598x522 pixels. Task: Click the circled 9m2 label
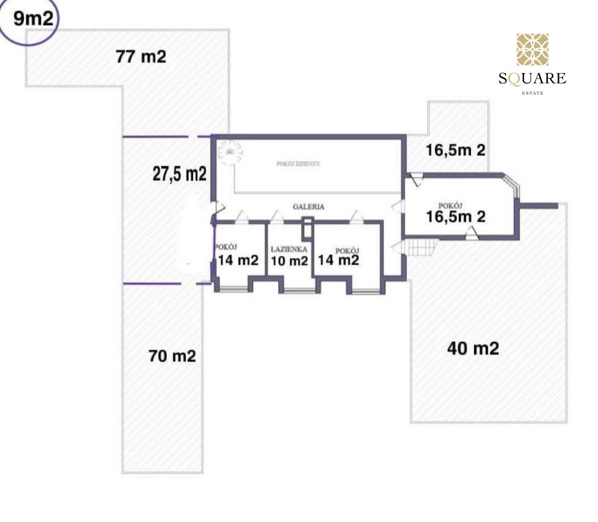pyautogui.click(x=33, y=18)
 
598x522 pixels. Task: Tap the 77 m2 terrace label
pyautogui.click(x=141, y=56)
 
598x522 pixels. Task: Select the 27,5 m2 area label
pyautogui.click(x=180, y=174)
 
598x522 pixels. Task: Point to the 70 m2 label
pyautogui.click(x=172, y=356)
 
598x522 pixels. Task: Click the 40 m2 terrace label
pyautogui.click(x=473, y=348)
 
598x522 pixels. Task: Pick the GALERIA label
pyautogui.click(x=309, y=206)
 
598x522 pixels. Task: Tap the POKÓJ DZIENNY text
pyautogui.click(x=298, y=164)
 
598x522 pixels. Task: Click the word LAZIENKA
pyautogui.click(x=289, y=249)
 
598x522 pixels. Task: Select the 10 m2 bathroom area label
pyautogui.click(x=289, y=261)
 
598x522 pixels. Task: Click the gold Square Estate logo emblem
pyautogui.click(x=532, y=50)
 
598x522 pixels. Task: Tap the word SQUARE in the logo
pyautogui.click(x=532, y=78)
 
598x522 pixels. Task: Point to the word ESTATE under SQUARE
pyautogui.click(x=533, y=93)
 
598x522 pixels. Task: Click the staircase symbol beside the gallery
pyautogui.click(x=421, y=247)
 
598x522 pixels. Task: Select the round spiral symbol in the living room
pyautogui.click(x=231, y=152)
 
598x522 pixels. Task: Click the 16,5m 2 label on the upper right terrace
pyautogui.click(x=455, y=150)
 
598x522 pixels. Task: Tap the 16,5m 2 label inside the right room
pyautogui.click(x=455, y=217)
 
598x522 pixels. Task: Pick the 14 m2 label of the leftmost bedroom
pyautogui.click(x=238, y=260)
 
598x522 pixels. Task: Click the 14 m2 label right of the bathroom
pyautogui.click(x=339, y=260)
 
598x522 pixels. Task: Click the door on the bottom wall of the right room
pyautogui.click(x=472, y=233)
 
